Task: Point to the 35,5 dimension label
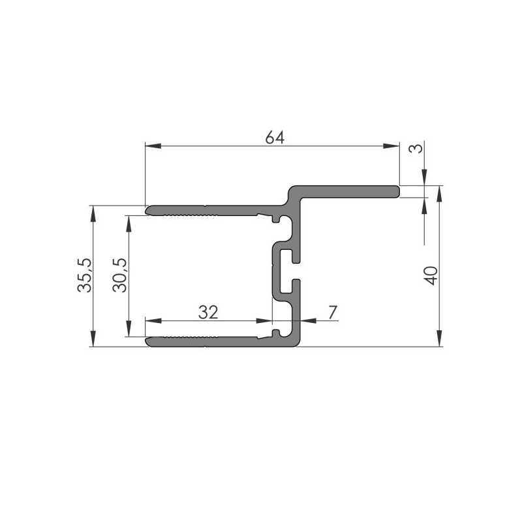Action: coord(84,274)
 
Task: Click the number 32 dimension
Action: coord(207,313)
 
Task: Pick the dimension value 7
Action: coord(333,313)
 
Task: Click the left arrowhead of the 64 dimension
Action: coord(150,145)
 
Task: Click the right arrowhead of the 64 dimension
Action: coord(393,145)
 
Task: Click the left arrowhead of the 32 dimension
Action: coord(151,321)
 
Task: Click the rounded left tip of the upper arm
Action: coord(148,210)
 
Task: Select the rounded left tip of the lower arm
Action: coord(148,341)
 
